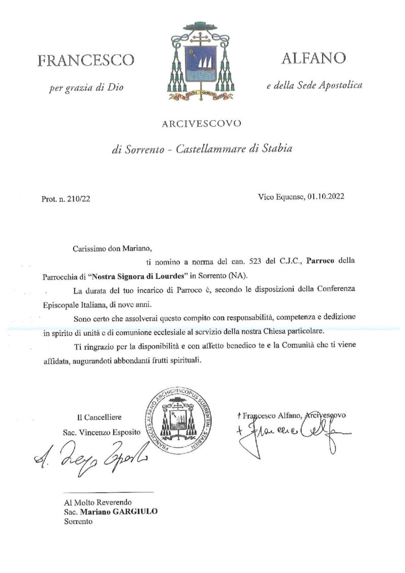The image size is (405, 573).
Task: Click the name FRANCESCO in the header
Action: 87,60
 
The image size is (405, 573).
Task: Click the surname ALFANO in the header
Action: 314,58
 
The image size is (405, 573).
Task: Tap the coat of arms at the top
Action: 198,61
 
